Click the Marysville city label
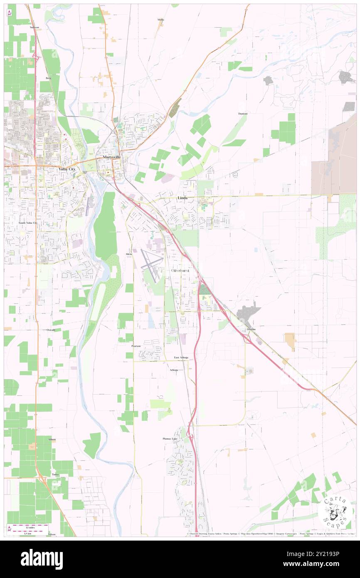pos(111,158)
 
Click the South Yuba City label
pos(28,223)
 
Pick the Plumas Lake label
pos(170,438)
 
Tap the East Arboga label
pos(181,358)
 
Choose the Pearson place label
pos(136,346)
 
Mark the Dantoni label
pos(243,114)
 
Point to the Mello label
pos(160,20)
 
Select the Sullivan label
pos(35,27)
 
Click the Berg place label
pos(48,78)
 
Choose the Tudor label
pos(55,474)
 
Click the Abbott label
pos(52,439)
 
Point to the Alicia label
pos(129,254)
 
